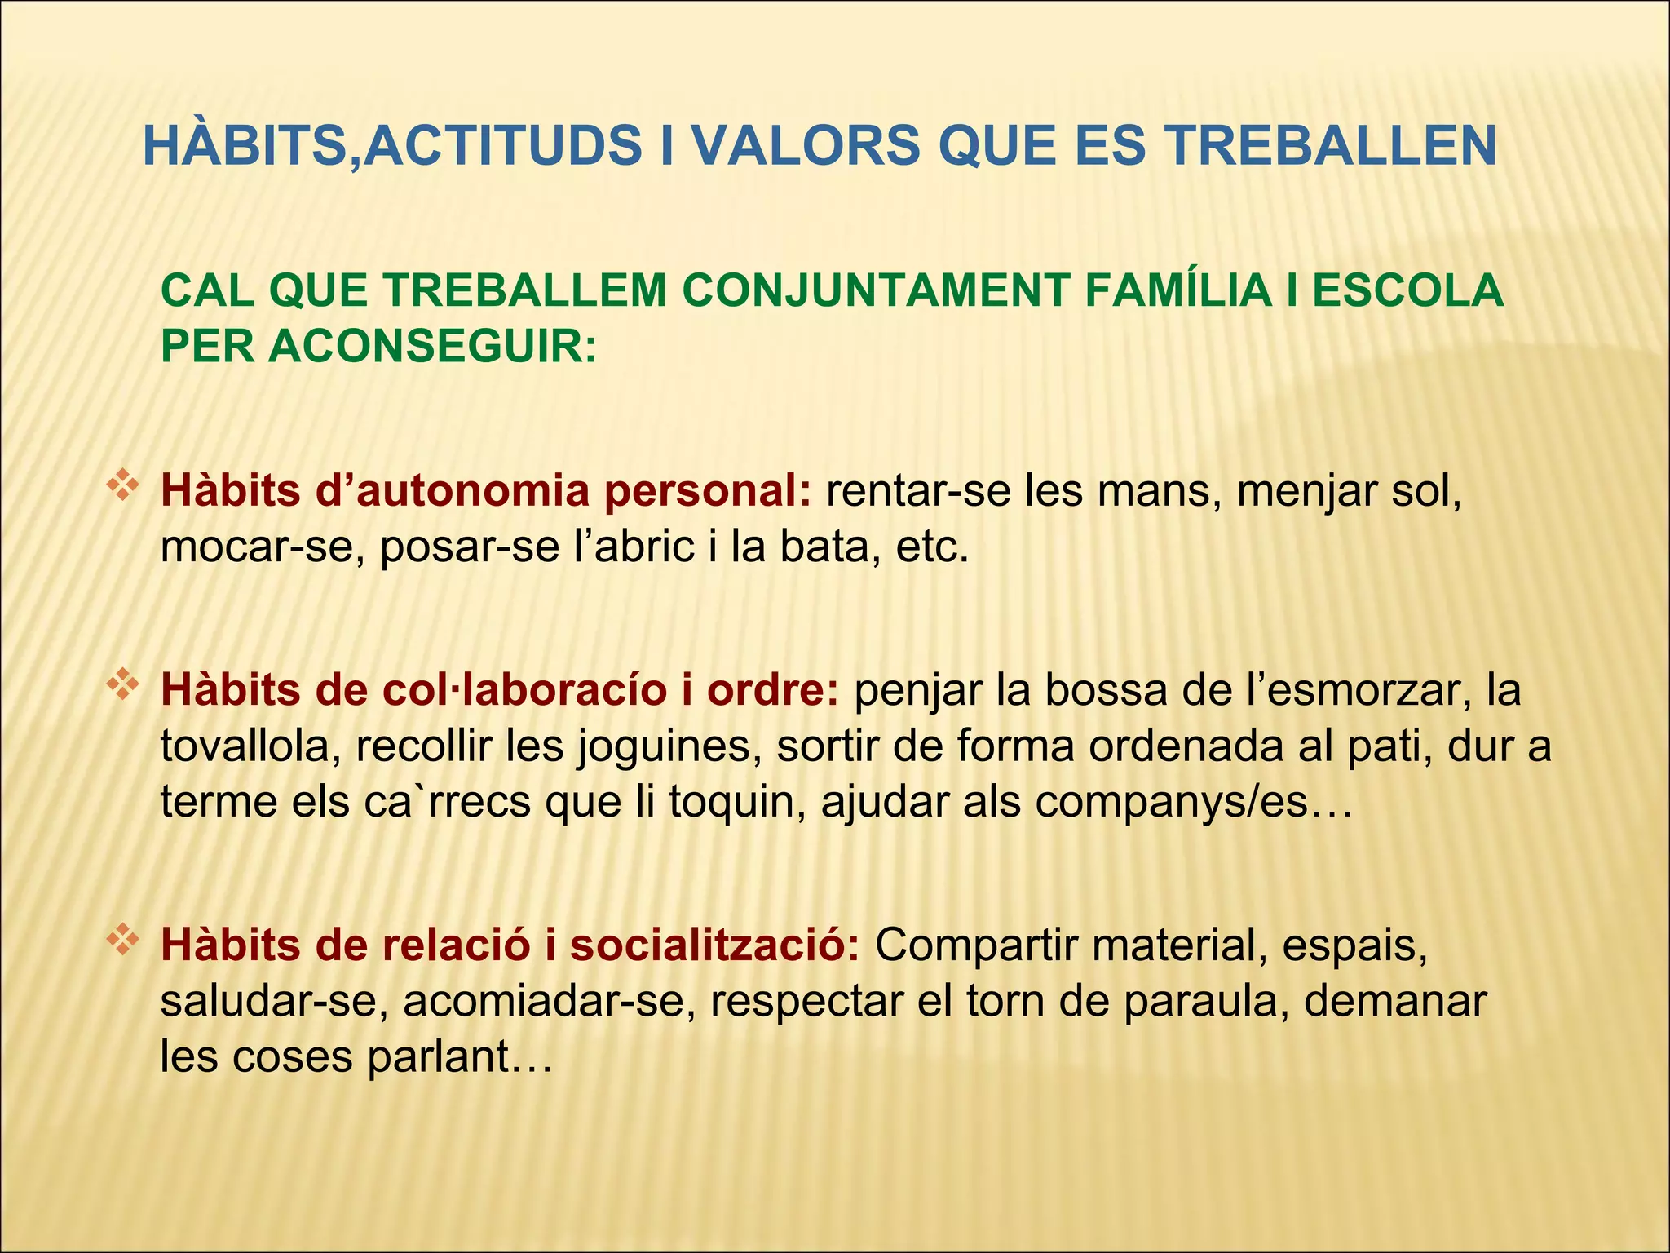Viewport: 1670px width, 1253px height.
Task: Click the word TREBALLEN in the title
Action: pyautogui.click(x=1330, y=147)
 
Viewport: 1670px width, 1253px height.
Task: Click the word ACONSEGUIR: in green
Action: pyautogui.click(x=432, y=346)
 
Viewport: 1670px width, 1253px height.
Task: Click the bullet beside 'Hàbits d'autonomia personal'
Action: pyautogui.click(x=121, y=485)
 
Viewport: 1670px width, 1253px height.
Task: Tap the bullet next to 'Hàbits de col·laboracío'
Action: pyautogui.click(x=121, y=684)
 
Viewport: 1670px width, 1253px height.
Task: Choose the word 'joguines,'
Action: pyautogui.click(x=669, y=746)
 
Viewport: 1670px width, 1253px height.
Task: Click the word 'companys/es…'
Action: pyautogui.click(x=1195, y=801)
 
